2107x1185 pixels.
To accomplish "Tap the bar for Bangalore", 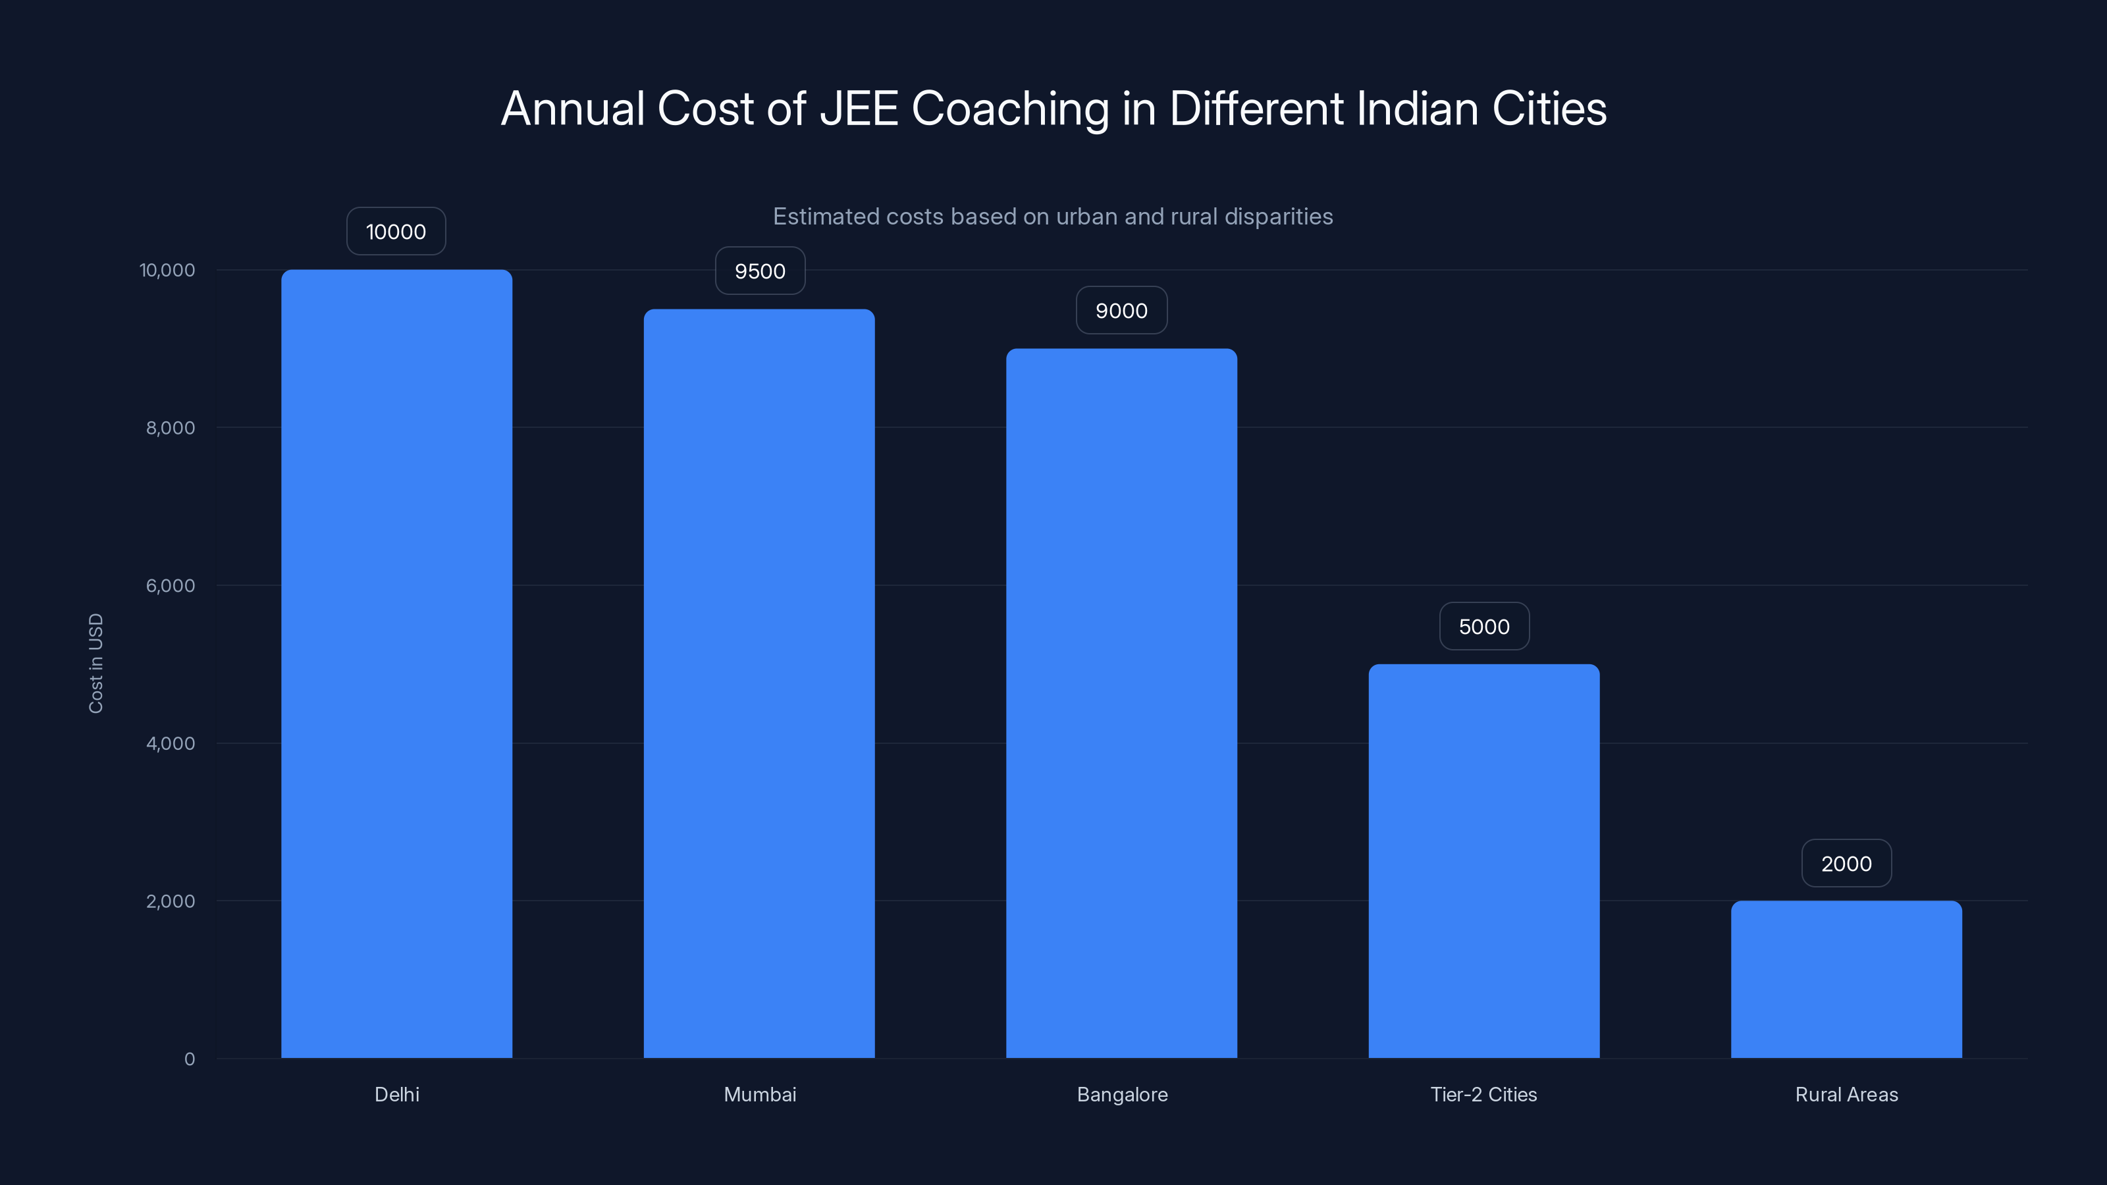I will pos(1121,702).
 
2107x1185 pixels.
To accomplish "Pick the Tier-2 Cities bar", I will pos(1483,860).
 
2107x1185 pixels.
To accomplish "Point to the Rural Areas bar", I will pos(1846,979).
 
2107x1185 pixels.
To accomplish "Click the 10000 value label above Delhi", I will pos(396,232).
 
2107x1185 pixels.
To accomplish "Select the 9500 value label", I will pos(760,271).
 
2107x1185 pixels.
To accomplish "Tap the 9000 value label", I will pos(1121,311).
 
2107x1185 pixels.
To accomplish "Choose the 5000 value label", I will pos(1483,627).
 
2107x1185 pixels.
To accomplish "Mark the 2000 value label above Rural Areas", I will pos(1846,864).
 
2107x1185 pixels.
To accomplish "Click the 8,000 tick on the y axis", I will pos(170,428).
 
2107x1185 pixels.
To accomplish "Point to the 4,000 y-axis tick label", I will pos(170,743).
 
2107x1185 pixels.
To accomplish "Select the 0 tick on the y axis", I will pos(189,1059).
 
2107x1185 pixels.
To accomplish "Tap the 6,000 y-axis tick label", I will pos(170,585).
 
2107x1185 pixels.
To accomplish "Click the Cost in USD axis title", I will pos(95,663).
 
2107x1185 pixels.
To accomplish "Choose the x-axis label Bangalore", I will pos(1122,1094).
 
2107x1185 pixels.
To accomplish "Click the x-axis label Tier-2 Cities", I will pos(1483,1094).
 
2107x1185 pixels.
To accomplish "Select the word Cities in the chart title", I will pos(1549,109).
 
